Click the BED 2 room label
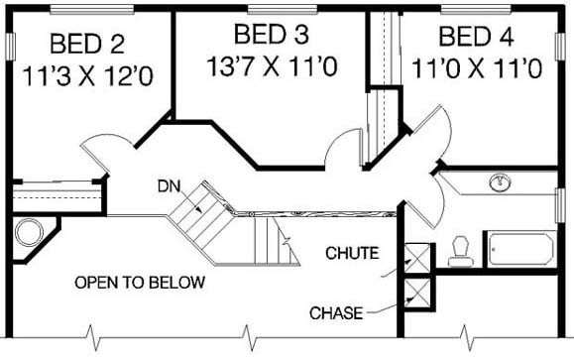(x=87, y=44)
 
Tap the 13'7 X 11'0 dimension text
(x=272, y=66)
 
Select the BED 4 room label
(x=476, y=37)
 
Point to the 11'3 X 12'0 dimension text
(x=88, y=76)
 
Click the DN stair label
(x=170, y=186)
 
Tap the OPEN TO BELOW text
(x=140, y=283)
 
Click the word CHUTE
(x=352, y=253)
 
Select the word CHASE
(x=336, y=313)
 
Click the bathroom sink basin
(x=500, y=182)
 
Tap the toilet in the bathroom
(x=461, y=251)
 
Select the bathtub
(x=521, y=249)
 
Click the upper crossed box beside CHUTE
(x=417, y=258)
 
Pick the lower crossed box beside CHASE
(x=417, y=293)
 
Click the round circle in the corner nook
(x=29, y=232)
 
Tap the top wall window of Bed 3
(x=283, y=10)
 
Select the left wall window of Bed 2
(x=11, y=47)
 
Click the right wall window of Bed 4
(x=560, y=47)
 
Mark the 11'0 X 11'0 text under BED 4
(x=477, y=68)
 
